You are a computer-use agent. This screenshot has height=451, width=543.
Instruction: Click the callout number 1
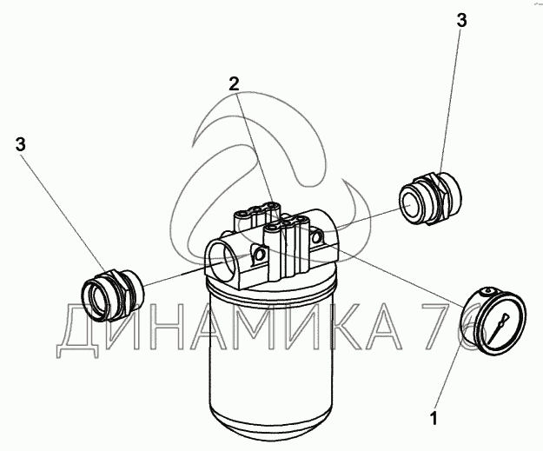point(434,418)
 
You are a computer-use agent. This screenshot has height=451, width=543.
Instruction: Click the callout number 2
point(234,84)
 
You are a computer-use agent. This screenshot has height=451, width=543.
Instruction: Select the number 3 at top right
point(461,20)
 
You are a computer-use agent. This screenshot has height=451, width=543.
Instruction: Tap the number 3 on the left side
point(21,144)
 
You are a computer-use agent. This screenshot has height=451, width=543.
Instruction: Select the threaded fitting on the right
point(430,199)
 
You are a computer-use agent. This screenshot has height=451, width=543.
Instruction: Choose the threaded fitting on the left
point(113,295)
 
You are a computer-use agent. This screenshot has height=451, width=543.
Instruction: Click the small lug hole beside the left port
point(259,255)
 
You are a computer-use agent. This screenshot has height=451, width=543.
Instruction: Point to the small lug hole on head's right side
point(317,236)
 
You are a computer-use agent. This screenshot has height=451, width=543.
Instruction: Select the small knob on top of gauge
point(488,290)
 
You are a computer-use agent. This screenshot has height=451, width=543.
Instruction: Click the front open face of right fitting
point(411,203)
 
